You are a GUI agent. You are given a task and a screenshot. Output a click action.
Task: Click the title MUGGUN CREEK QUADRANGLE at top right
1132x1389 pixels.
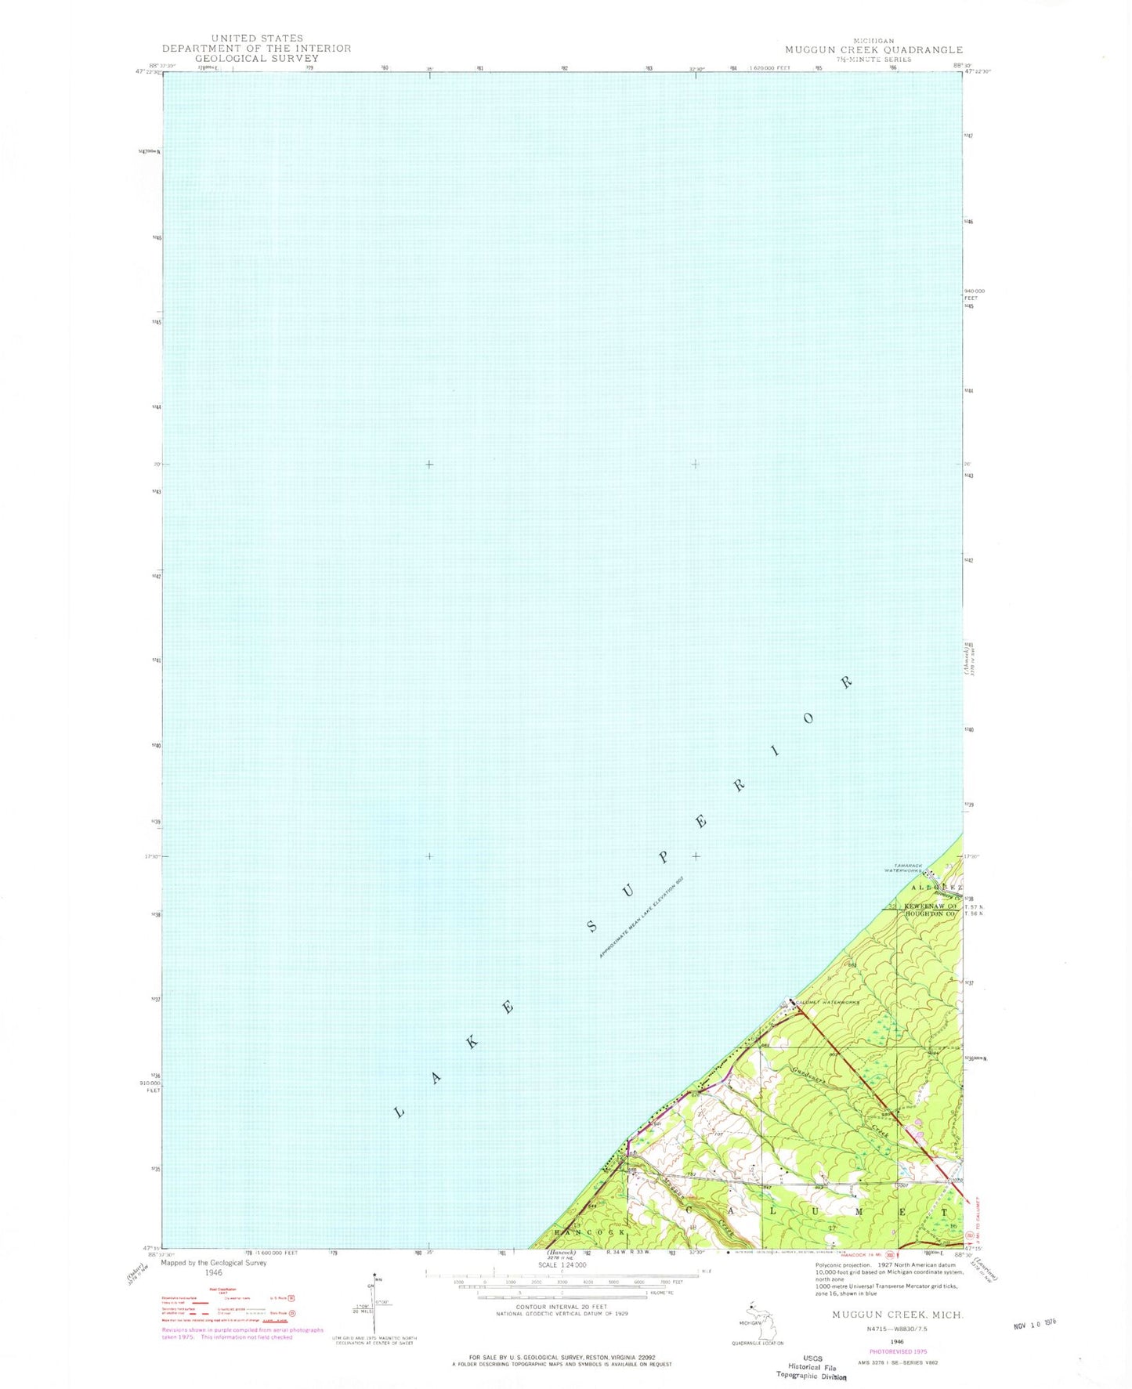(873, 49)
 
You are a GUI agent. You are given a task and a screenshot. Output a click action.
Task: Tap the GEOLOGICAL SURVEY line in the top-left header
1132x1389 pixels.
(256, 58)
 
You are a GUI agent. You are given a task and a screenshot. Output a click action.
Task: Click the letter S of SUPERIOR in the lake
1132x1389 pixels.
(594, 927)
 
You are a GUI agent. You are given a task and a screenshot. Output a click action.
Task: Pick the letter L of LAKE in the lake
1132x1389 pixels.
(400, 1112)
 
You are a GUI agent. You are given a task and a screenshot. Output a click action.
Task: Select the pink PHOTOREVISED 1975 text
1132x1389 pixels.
(898, 1351)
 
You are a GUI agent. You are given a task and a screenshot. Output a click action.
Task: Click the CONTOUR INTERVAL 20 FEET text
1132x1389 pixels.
(562, 1307)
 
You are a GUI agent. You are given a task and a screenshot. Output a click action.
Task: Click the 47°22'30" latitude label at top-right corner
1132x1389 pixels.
(978, 71)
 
